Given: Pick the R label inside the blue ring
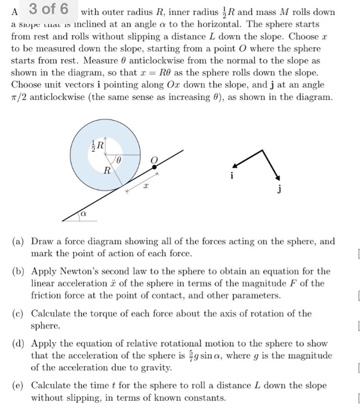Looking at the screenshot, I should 106,171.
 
